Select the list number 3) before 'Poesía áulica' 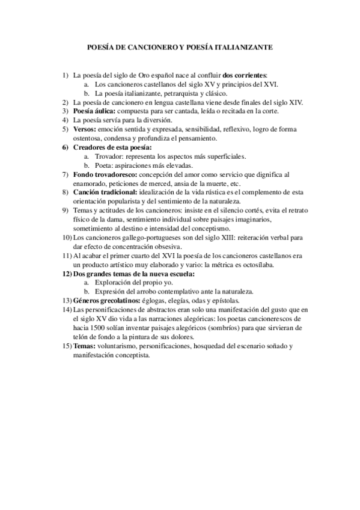tap(66, 111)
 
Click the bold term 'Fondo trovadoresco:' tap(105, 174)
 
